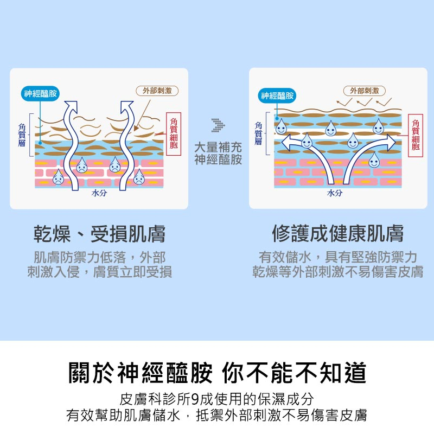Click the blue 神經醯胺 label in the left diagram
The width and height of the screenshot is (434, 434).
pyautogui.click(x=41, y=94)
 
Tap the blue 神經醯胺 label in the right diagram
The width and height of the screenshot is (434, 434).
pyautogui.click(x=277, y=96)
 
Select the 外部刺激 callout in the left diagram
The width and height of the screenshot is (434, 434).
pyautogui.click(x=157, y=91)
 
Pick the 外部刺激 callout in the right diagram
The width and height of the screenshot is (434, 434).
pyautogui.click(x=364, y=91)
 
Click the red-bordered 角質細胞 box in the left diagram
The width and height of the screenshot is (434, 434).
pyautogui.click(x=173, y=134)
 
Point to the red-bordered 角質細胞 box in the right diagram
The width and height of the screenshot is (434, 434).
pyautogui.click(x=416, y=135)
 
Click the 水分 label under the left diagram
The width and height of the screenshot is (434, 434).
pyautogui.click(x=99, y=194)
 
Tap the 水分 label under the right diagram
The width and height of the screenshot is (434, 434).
pyautogui.click(x=335, y=194)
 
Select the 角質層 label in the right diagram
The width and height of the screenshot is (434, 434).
pyautogui.click(x=258, y=133)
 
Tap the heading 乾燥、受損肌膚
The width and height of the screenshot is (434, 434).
pyautogui.click(x=100, y=234)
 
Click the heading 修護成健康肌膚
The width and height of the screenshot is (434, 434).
pyautogui.click(x=337, y=234)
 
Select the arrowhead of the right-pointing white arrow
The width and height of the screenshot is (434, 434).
pyautogui.click(x=391, y=142)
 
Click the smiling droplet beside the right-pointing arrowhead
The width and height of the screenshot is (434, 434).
pyautogui.click(x=379, y=127)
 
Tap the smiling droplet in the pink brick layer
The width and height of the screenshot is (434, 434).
pyautogui.click(x=374, y=160)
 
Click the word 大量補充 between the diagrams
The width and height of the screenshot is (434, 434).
pyautogui.click(x=218, y=148)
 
